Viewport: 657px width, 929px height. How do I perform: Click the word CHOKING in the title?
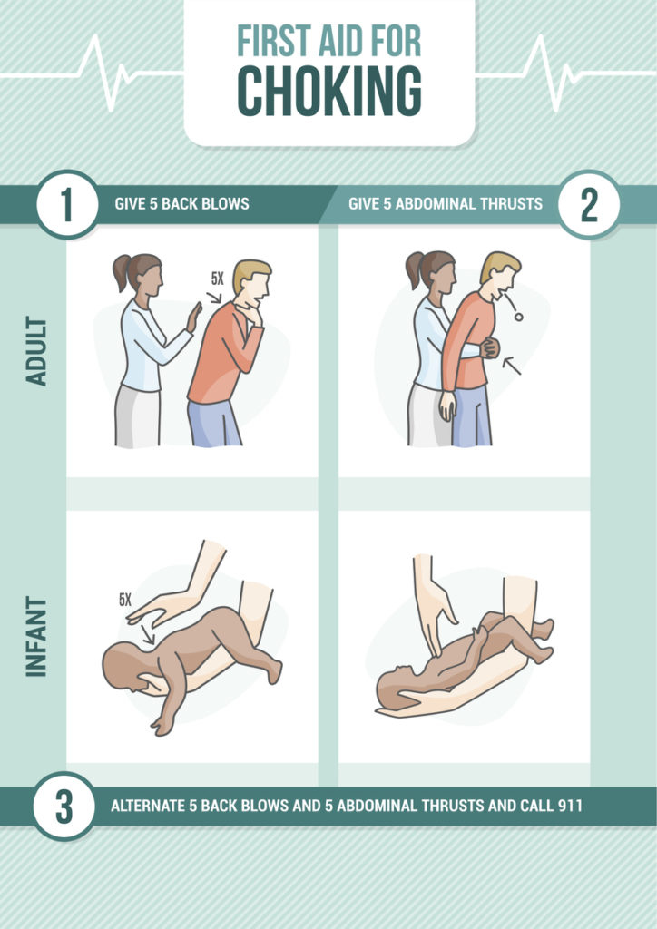click(328, 92)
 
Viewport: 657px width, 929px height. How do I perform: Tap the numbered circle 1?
click(67, 205)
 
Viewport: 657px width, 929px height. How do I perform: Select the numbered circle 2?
click(589, 205)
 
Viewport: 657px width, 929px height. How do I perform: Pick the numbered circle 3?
click(64, 806)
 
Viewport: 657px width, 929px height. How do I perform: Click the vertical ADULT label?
click(36, 351)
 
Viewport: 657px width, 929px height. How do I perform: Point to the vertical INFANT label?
click(36, 636)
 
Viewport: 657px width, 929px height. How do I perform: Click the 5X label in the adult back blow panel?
click(218, 278)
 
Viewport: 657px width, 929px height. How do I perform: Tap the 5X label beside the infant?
click(125, 601)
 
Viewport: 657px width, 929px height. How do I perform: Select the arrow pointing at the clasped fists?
click(512, 366)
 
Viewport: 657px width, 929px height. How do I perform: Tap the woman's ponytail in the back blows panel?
click(121, 272)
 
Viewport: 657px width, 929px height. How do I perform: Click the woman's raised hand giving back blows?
click(194, 317)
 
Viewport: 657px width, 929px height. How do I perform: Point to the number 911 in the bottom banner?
click(569, 806)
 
